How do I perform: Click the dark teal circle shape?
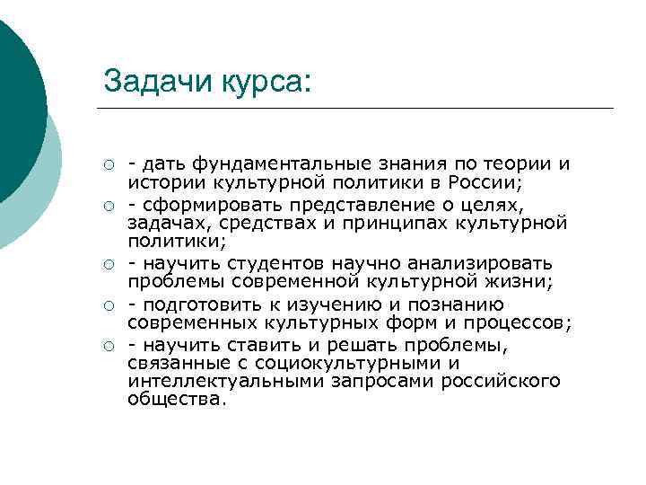pyautogui.click(x=13, y=99)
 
